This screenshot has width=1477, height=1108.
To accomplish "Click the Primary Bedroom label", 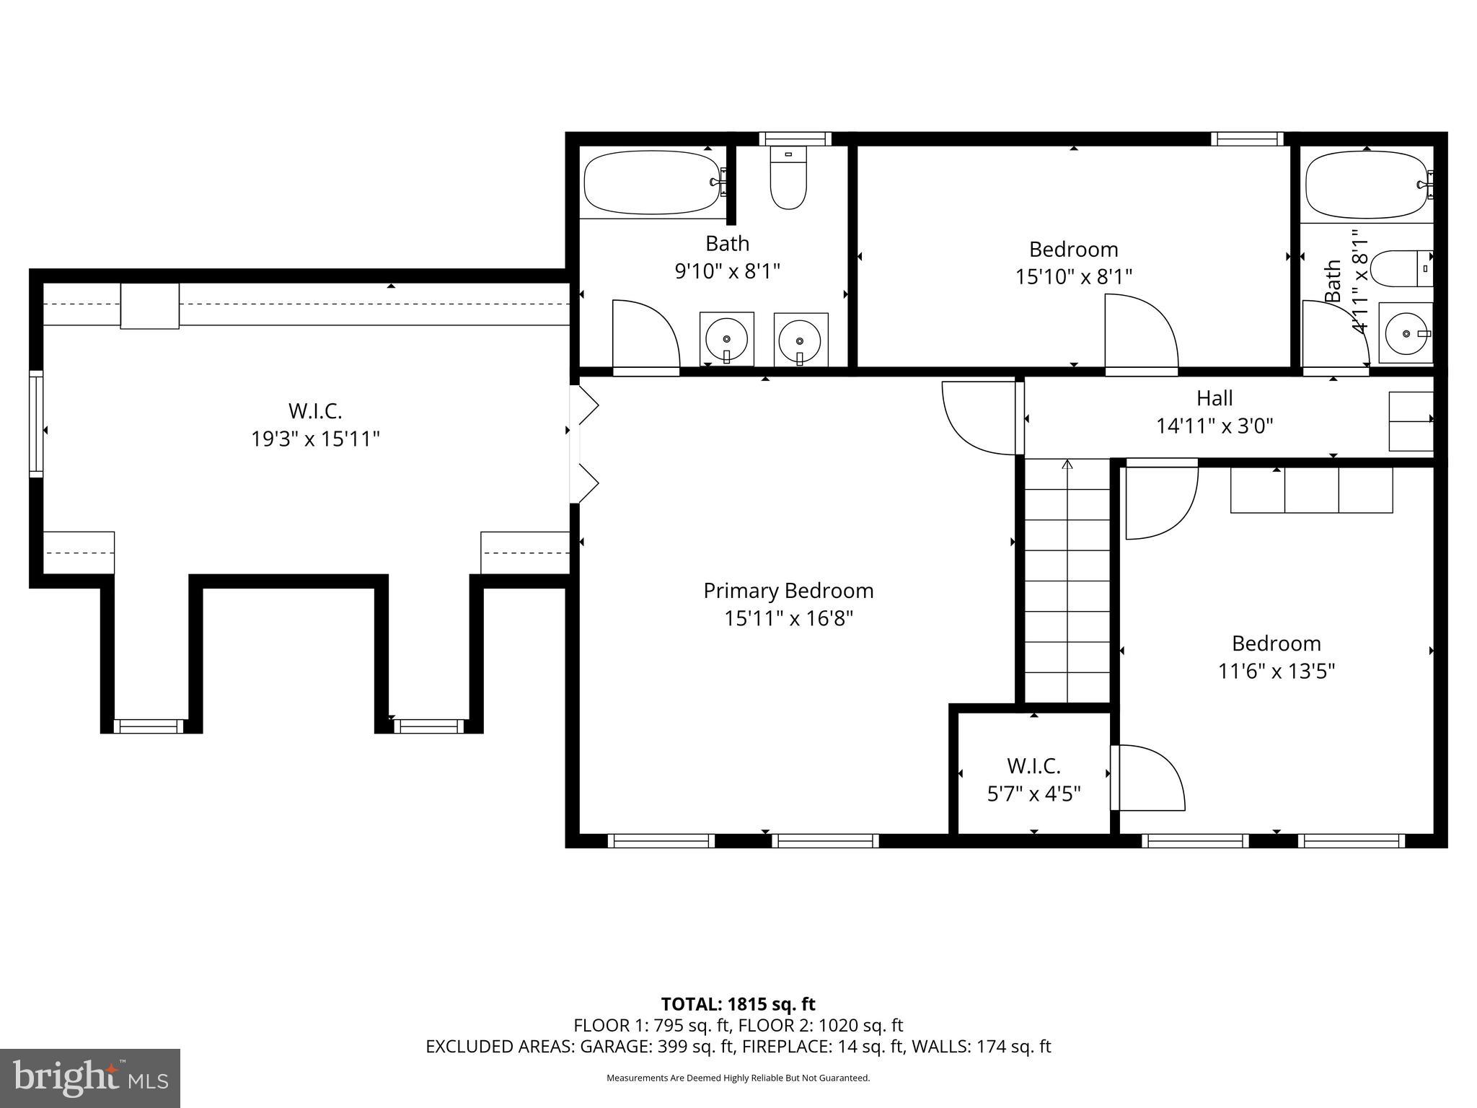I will click(788, 591).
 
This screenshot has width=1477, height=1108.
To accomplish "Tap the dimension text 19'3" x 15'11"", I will click(315, 439).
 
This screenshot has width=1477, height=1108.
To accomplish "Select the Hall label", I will click(1214, 398).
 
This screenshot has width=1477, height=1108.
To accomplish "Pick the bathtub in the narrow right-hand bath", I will click(1367, 185).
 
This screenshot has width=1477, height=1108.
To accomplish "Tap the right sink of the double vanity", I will click(801, 340).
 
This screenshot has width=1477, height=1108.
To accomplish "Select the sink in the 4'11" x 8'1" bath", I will click(1406, 333).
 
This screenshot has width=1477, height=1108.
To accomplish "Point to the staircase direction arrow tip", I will click(1067, 463).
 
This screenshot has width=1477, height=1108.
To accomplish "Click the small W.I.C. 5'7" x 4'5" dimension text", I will click(1033, 794).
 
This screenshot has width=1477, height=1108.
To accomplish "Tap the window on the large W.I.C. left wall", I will click(35, 423).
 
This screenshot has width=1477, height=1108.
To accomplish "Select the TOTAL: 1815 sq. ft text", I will click(738, 1004).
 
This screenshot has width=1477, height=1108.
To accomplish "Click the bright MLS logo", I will click(90, 1078).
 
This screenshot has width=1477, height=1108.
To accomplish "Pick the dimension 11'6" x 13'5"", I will click(1276, 672).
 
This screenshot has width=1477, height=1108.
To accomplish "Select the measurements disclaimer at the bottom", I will click(738, 1078).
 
